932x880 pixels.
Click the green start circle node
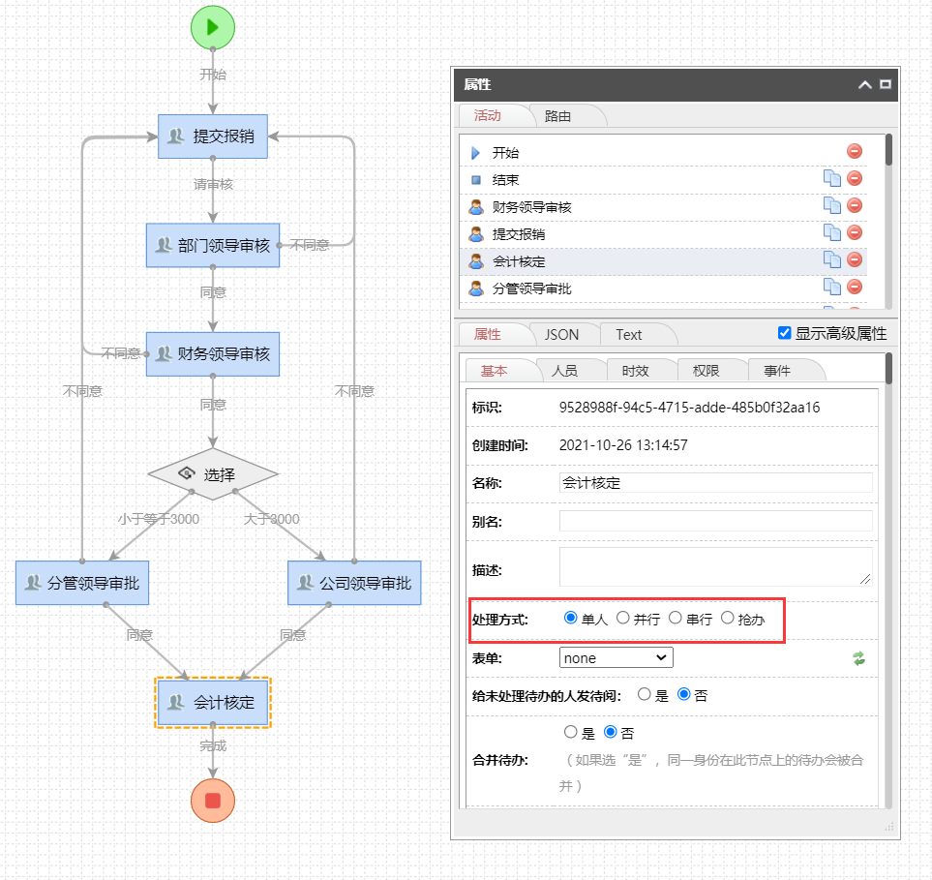pos(213,27)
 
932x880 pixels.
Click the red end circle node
pos(213,801)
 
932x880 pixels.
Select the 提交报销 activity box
pos(213,137)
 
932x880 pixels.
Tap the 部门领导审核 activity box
pos(213,246)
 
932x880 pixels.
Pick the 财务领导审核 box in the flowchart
pos(213,354)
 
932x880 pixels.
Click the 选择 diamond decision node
pos(213,474)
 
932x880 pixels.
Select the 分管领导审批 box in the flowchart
pos(83,583)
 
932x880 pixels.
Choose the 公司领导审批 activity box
pos(354,583)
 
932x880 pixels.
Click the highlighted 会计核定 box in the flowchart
pos(213,702)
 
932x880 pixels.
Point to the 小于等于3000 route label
pos(159,519)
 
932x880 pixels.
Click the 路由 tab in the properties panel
pos(558,116)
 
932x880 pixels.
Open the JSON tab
pos(561,335)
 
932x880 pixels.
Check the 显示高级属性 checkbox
pos(785,334)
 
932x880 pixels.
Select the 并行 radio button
pos(623,618)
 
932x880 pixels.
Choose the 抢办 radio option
pos(728,618)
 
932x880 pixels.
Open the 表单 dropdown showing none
pos(616,658)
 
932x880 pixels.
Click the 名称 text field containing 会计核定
pos(715,483)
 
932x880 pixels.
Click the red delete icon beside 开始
pos(855,151)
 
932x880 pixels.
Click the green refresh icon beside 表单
pos(858,658)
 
